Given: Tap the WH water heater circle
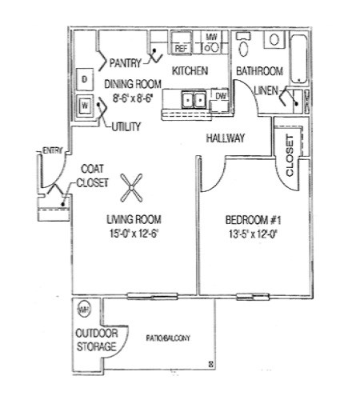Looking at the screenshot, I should (82, 309).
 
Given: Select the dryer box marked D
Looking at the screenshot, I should (84, 78).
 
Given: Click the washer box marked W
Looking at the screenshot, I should (84, 105).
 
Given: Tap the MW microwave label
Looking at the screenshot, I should (212, 37).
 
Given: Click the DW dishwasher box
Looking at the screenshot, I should (222, 97).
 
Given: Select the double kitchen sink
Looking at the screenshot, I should (192, 100).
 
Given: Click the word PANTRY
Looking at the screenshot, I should (126, 62).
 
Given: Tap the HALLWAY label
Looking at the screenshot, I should (226, 138).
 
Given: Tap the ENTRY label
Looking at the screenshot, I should (52, 150).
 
